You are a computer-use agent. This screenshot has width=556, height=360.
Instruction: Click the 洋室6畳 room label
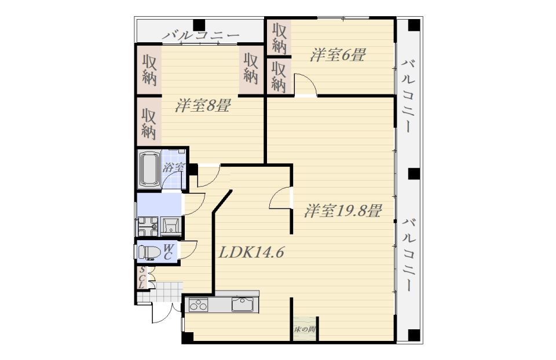tap(337, 56)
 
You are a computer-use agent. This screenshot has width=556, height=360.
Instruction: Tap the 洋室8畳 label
tap(203, 105)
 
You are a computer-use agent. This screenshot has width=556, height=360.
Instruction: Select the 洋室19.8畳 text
tap(342, 211)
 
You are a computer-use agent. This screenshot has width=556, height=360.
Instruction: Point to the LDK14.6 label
tap(251, 252)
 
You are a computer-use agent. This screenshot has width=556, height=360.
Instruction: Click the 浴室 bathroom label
tap(173, 168)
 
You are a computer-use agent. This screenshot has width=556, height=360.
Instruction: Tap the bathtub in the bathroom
tap(149, 169)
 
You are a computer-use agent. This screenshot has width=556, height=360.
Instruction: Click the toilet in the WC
tap(149, 252)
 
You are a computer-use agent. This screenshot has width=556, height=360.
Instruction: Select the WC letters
tap(169, 252)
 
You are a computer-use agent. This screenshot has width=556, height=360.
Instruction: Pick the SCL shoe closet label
tap(142, 277)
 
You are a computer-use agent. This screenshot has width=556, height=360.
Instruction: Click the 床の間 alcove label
tap(305, 329)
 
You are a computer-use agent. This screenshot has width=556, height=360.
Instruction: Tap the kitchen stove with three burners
tap(199, 304)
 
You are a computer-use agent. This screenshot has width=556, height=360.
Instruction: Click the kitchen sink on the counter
tap(243, 304)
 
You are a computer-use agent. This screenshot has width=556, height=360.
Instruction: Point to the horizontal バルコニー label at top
tap(201, 35)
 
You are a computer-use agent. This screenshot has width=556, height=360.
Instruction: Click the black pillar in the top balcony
tap(199, 25)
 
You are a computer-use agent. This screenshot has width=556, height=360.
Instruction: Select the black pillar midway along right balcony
tap(414, 174)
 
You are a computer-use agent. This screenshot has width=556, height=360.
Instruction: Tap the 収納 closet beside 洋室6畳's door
tap(279, 76)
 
